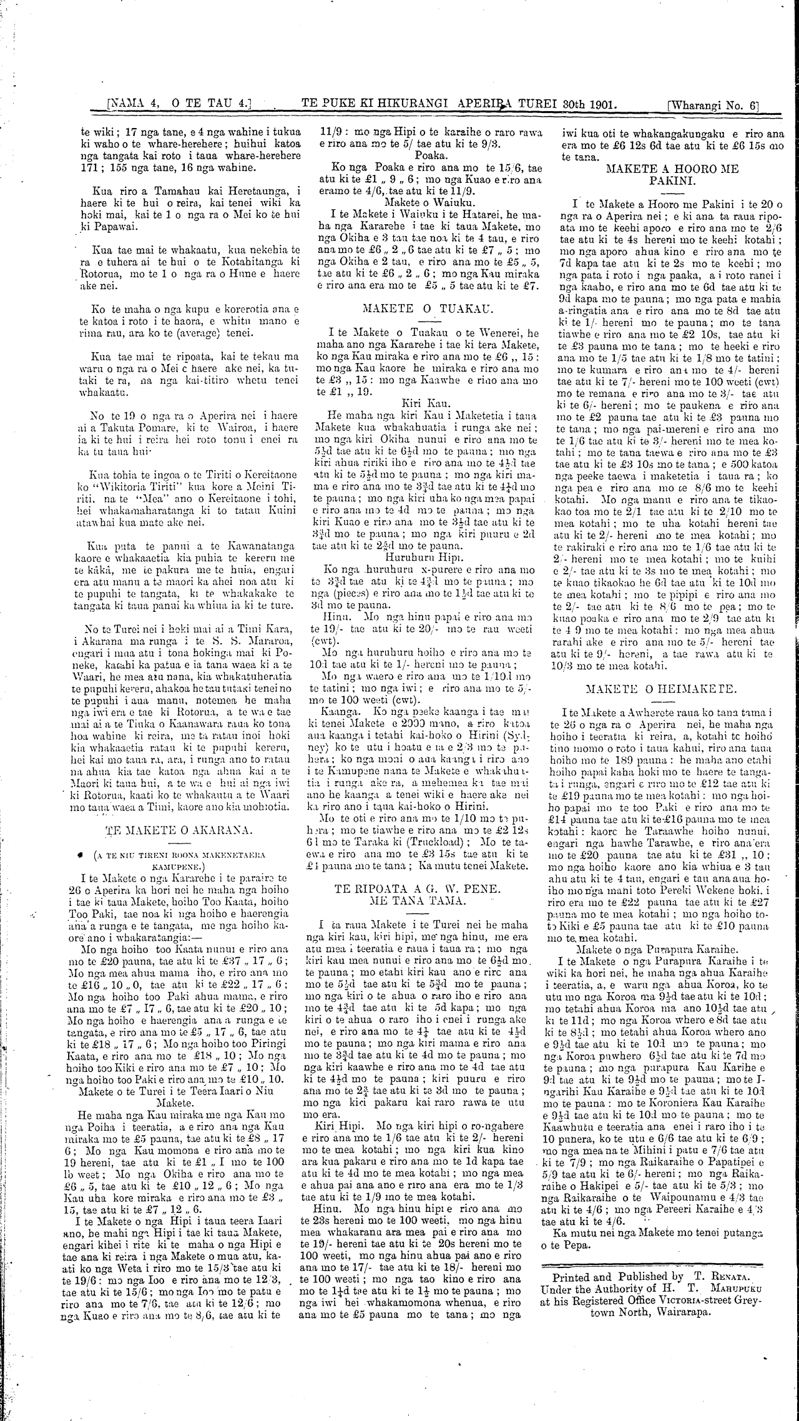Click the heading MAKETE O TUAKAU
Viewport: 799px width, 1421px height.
tap(428, 308)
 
